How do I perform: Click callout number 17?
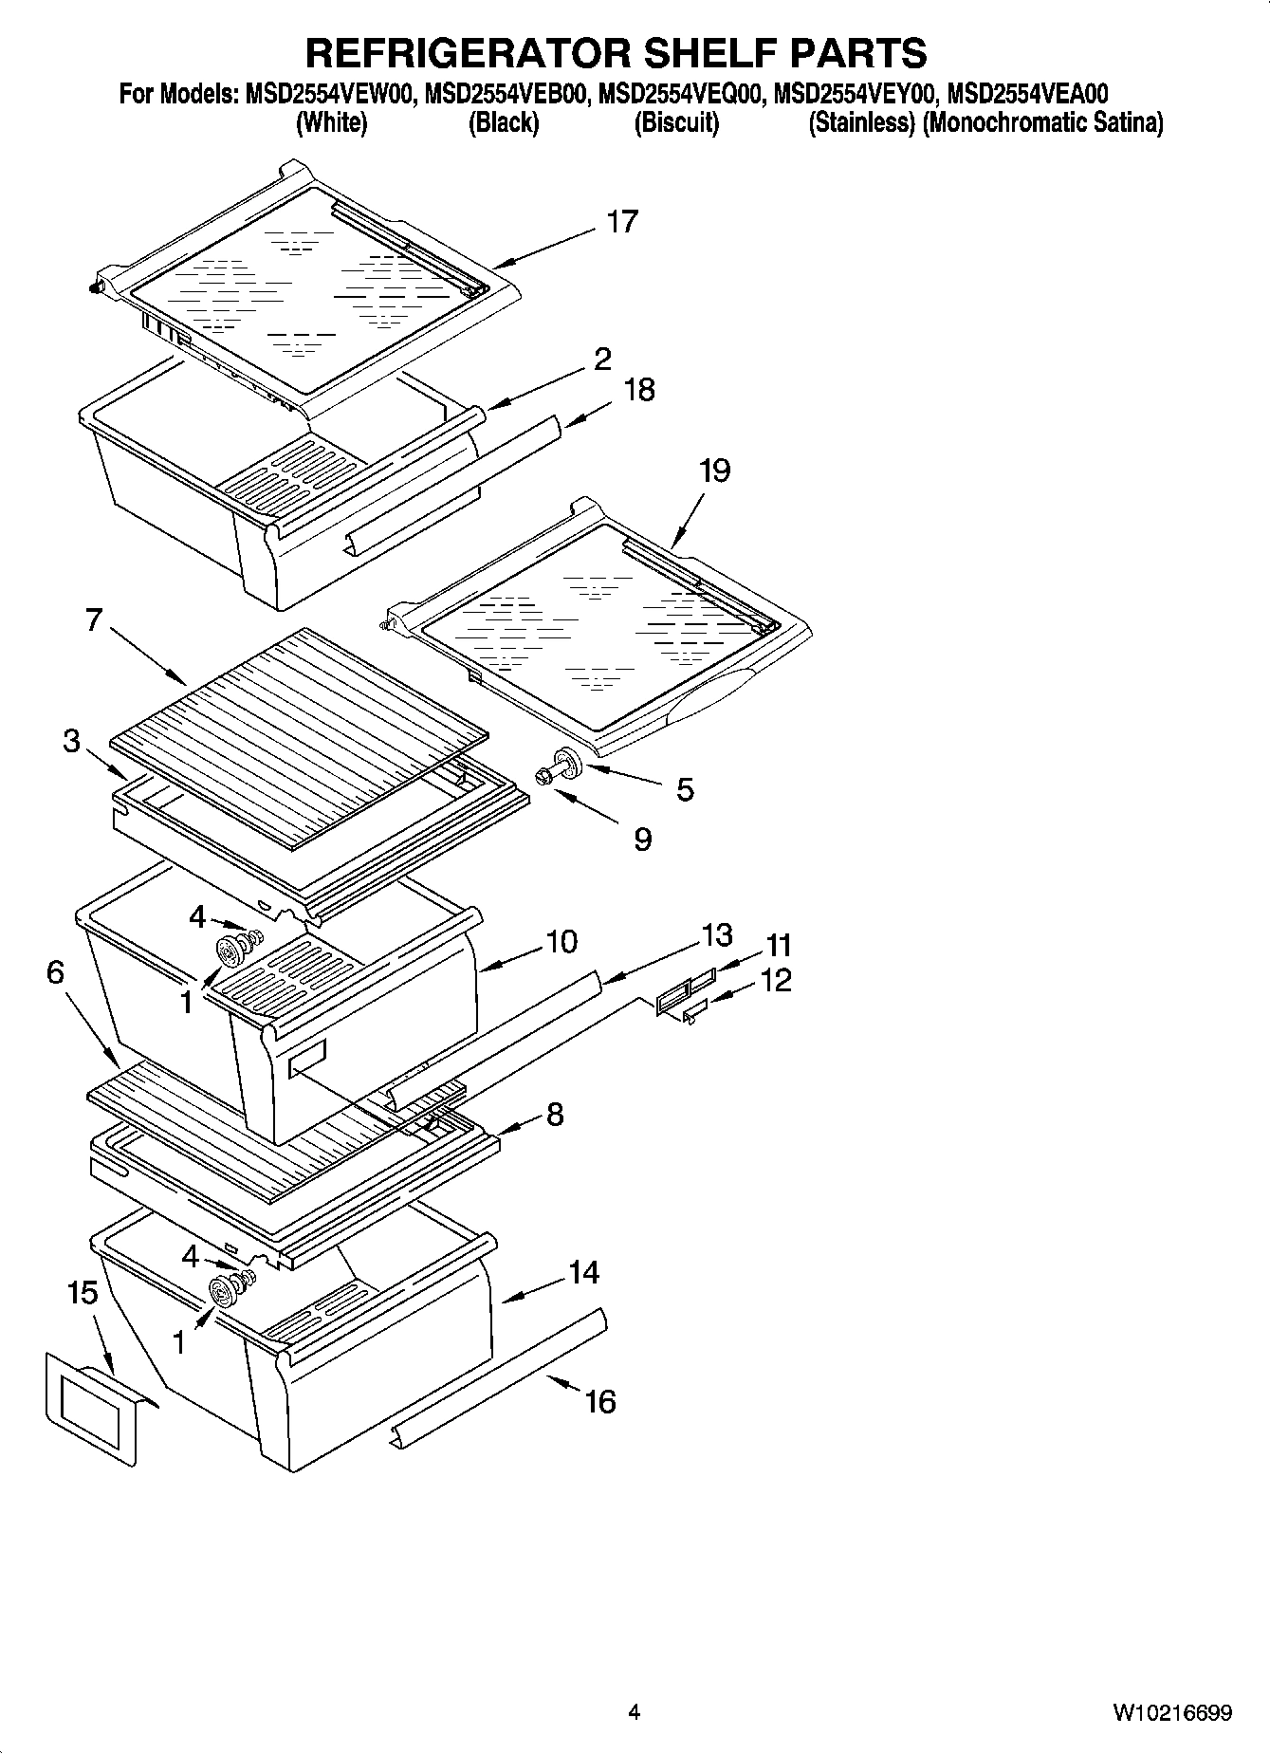tap(622, 222)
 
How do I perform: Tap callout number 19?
tap(715, 471)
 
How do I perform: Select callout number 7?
tap(93, 621)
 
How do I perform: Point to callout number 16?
tap(600, 1401)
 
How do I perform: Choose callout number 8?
tap(554, 1114)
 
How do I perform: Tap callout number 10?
tap(561, 942)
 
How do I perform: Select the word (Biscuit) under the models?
tap(676, 122)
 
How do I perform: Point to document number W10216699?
tap(1172, 1712)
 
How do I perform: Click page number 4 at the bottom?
tap(635, 1712)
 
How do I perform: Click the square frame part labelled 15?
tap(90, 1414)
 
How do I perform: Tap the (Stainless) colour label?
tap(861, 122)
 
